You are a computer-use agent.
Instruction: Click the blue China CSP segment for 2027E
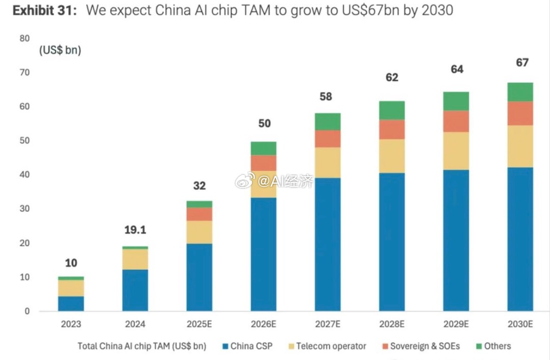(328, 244)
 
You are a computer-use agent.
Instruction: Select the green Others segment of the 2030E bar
(520, 92)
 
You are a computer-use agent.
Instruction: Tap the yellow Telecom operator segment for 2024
(135, 259)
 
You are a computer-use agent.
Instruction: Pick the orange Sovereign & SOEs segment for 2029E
(456, 121)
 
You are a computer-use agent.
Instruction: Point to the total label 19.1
(135, 230)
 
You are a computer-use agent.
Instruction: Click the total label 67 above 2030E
(522, 63)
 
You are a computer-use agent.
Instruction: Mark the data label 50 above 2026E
(264, 124)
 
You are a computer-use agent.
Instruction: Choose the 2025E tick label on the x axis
(199, 324)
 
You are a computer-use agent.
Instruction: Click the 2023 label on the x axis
(71, 324)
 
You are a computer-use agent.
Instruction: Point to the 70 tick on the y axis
(24, 72)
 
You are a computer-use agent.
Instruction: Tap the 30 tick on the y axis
(24, 209)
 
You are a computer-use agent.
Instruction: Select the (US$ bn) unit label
(60, 50)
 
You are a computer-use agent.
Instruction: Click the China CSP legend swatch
(225, 346)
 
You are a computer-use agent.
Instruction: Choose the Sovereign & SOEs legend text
(425, 346)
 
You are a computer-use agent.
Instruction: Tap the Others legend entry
(497, 346)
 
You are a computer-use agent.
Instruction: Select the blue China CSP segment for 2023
(71, 304)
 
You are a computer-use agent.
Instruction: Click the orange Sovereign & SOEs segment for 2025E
(199, 214)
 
